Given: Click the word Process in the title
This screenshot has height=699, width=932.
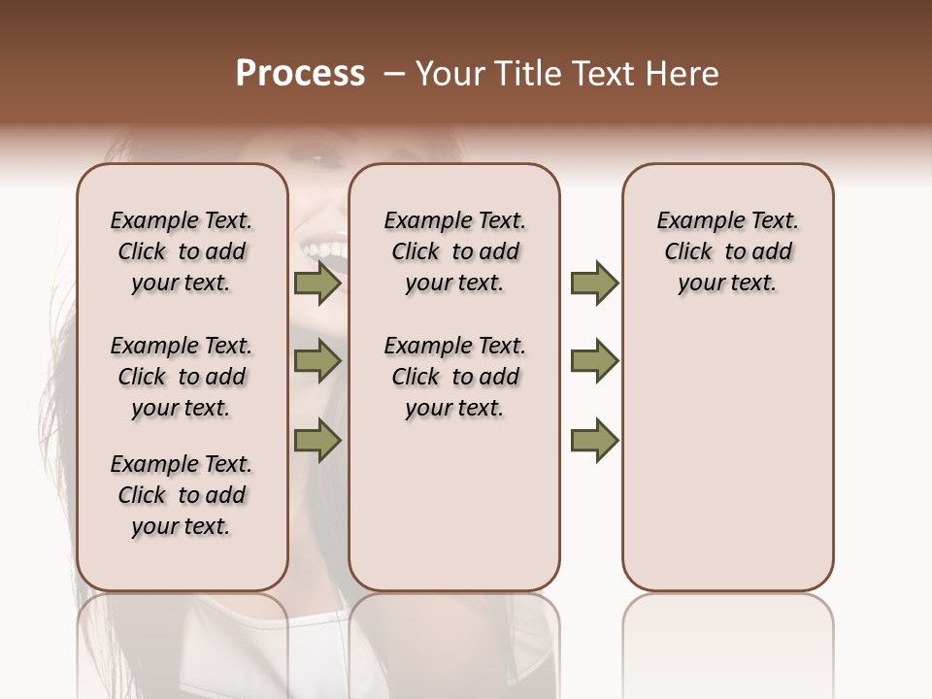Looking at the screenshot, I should tap(300, 74).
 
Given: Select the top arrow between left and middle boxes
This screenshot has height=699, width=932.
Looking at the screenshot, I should tap(317, 283).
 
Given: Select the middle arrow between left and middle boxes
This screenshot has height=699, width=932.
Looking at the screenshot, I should tap(317, 361).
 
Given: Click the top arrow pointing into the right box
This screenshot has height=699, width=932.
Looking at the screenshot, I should tap(594, 283).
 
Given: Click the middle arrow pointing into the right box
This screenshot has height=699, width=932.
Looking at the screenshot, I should tap(594, 361).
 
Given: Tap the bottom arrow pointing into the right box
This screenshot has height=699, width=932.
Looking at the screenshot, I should tap(594, 440).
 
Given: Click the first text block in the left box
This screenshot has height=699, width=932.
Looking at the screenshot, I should tap(182, 251).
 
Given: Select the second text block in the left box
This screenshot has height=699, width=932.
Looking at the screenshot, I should tap(182, 377).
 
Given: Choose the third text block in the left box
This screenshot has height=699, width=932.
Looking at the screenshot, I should tap(182, 495).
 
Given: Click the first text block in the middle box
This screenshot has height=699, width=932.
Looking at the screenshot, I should tap(454, 251).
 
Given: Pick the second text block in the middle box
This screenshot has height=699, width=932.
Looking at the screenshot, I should tap(454, 377).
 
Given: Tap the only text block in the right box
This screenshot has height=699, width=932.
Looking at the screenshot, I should tap(727, 251).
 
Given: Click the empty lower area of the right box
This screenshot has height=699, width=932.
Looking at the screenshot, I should tap(727, 456).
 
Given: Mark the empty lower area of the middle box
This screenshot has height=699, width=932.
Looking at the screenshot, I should tap(454, 505).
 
